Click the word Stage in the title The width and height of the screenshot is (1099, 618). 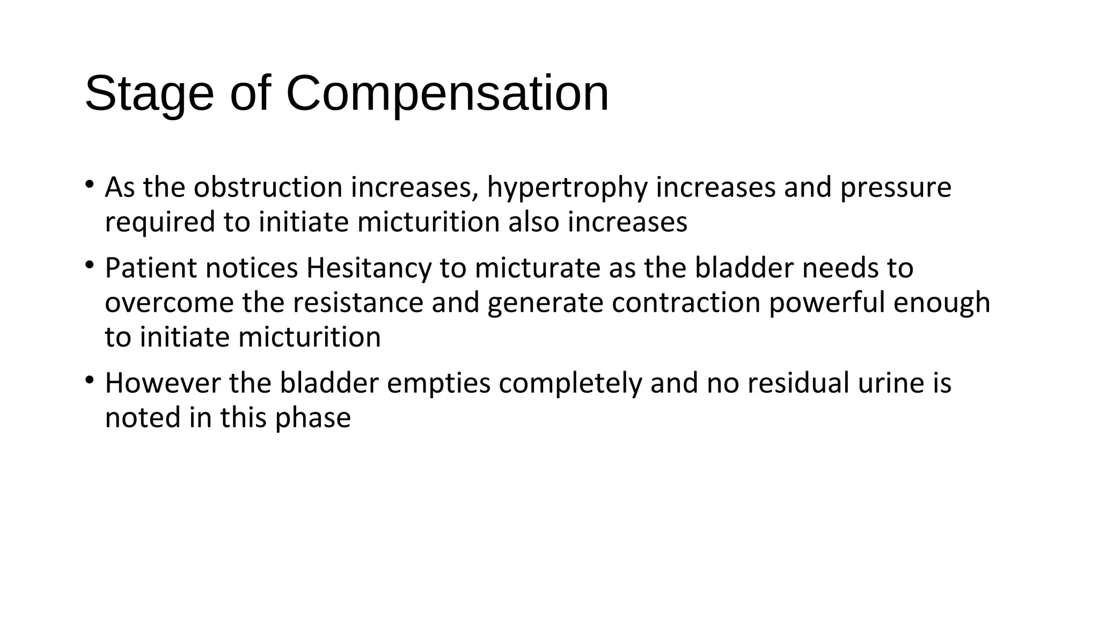pos(149,94)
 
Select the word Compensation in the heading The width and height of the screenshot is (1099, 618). pos(448,94)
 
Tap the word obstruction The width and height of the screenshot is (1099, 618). pos(268,188)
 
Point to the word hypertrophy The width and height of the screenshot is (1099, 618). pos(567,188)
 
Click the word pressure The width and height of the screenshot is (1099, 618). pos(896,188)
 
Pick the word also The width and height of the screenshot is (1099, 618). pos(533,222)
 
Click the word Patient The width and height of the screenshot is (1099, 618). pos(151,268)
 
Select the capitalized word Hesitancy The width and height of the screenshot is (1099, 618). pos(369,268)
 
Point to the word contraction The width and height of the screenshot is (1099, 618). pos(686,303)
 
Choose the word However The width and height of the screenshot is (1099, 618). pos(163,384)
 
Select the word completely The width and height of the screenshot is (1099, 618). pos(570,384)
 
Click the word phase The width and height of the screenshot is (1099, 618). pos(313,418)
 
